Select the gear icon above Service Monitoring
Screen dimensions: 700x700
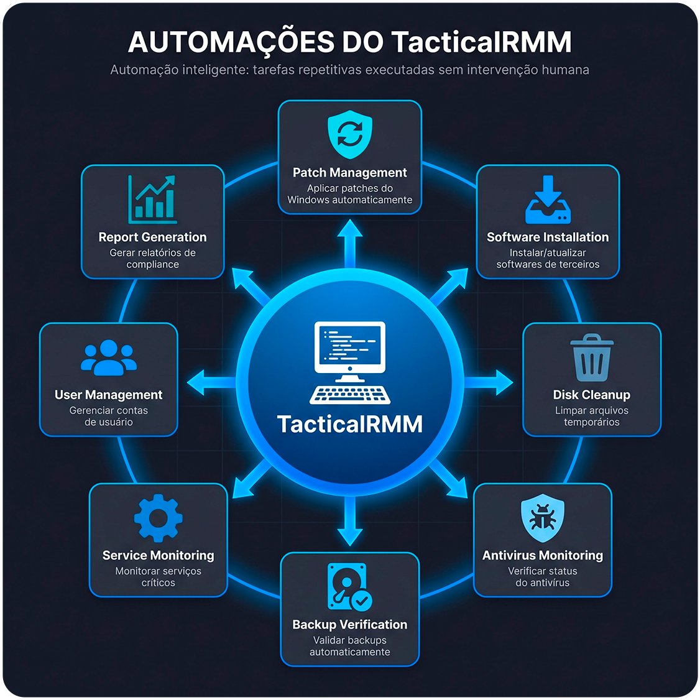(158, 518)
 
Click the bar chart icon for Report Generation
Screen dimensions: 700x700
(152, 200)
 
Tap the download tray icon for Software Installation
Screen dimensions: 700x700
(548, 200)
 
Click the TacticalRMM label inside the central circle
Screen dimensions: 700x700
(350, 424)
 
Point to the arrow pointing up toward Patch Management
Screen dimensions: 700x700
(350, 240)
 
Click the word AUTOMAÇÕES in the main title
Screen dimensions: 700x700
(231, 42)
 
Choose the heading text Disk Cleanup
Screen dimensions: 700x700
(591, 395)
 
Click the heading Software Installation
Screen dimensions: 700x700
(548, 237)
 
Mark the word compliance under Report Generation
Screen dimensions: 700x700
(152, 264)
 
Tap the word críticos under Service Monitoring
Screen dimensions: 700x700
(158, 583)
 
